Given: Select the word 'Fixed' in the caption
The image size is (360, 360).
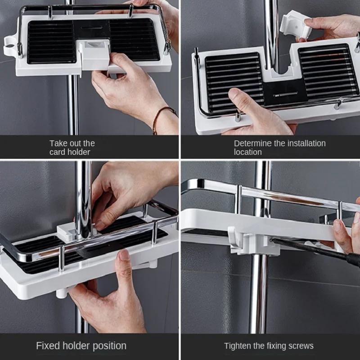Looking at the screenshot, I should click(x=48, y=346).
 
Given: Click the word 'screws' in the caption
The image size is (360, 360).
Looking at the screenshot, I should click(x=301, y=346).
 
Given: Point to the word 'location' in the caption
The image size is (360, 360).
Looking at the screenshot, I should click(x=247, y=152).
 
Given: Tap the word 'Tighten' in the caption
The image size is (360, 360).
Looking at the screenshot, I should click(x=238, y=346).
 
